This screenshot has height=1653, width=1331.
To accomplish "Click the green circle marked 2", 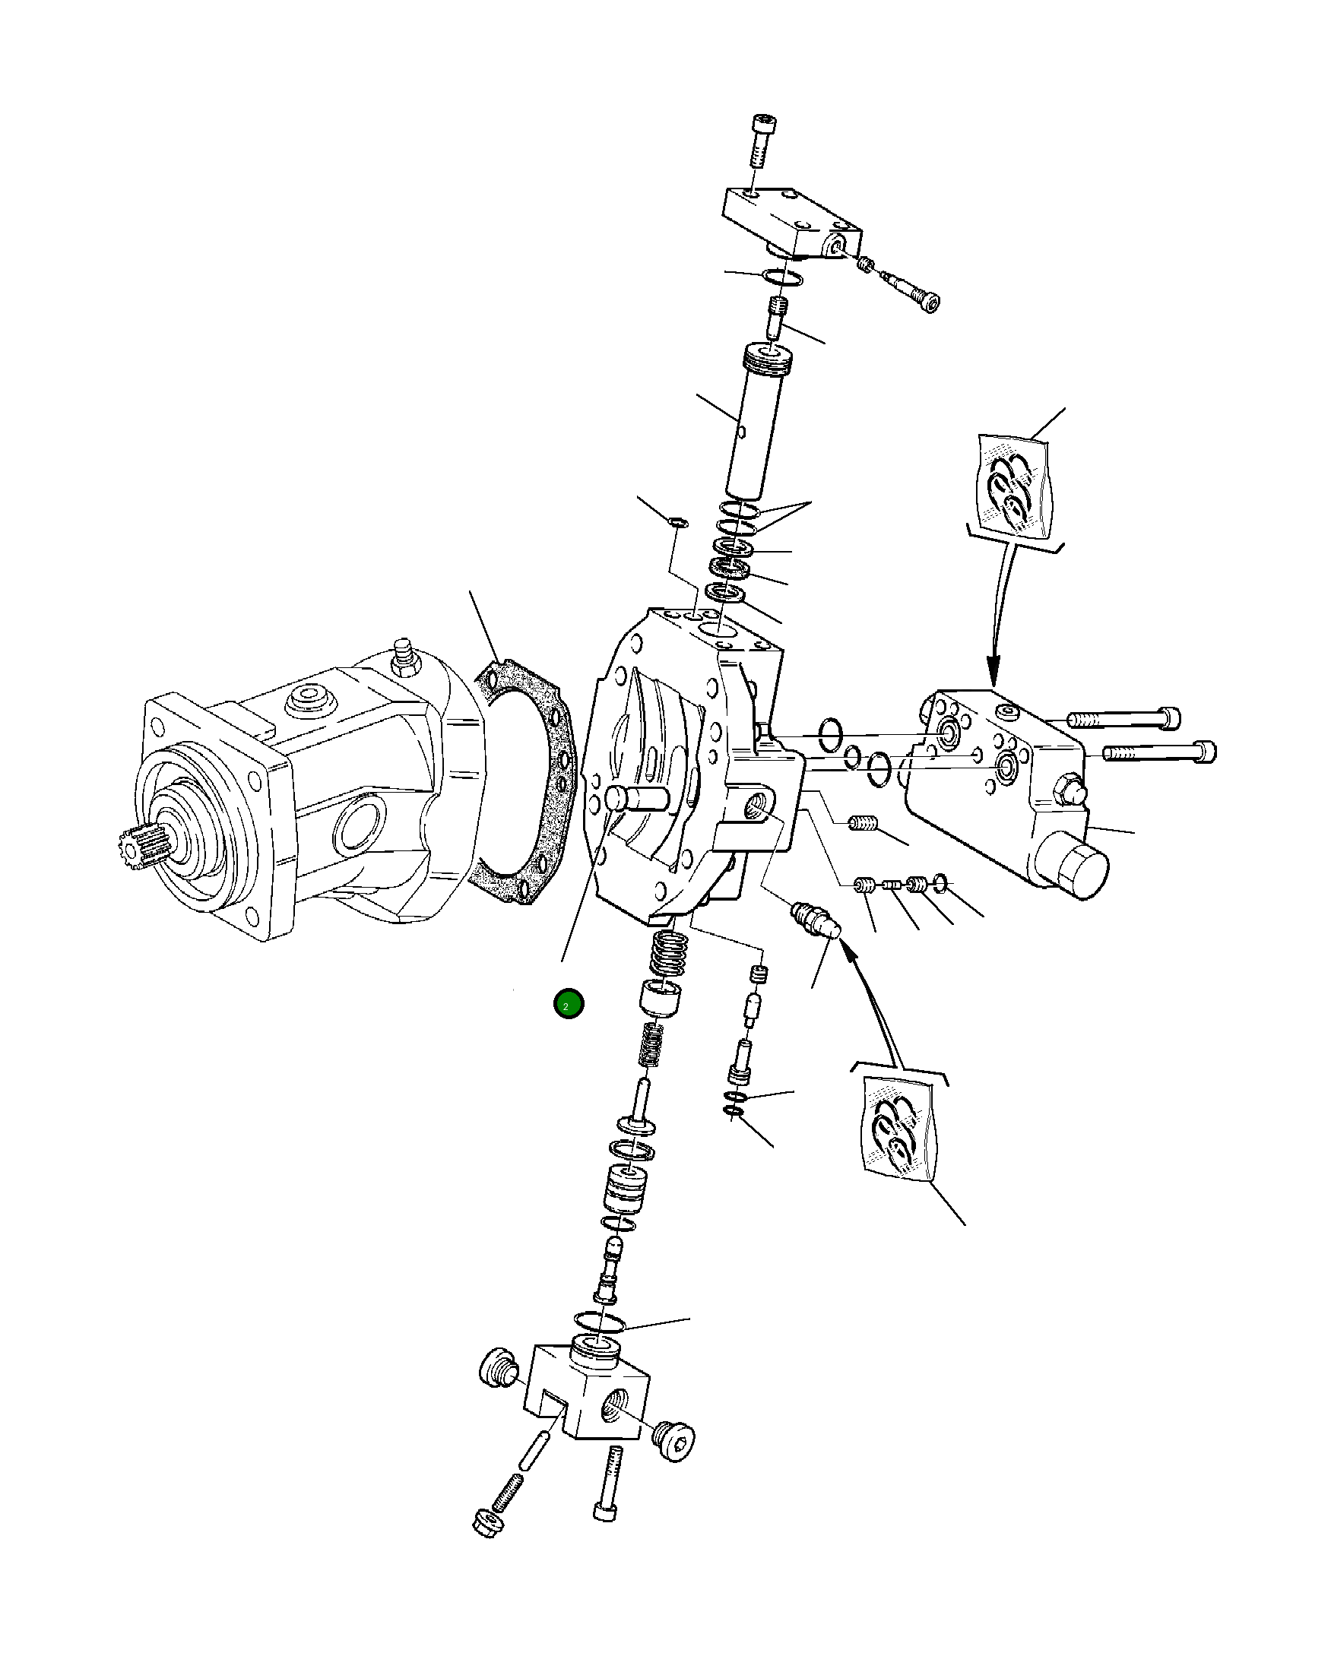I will [568, 1004].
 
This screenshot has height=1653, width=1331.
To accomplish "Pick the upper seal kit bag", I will [1013, 487].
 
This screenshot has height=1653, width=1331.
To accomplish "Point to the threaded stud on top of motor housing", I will [402, 660].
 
